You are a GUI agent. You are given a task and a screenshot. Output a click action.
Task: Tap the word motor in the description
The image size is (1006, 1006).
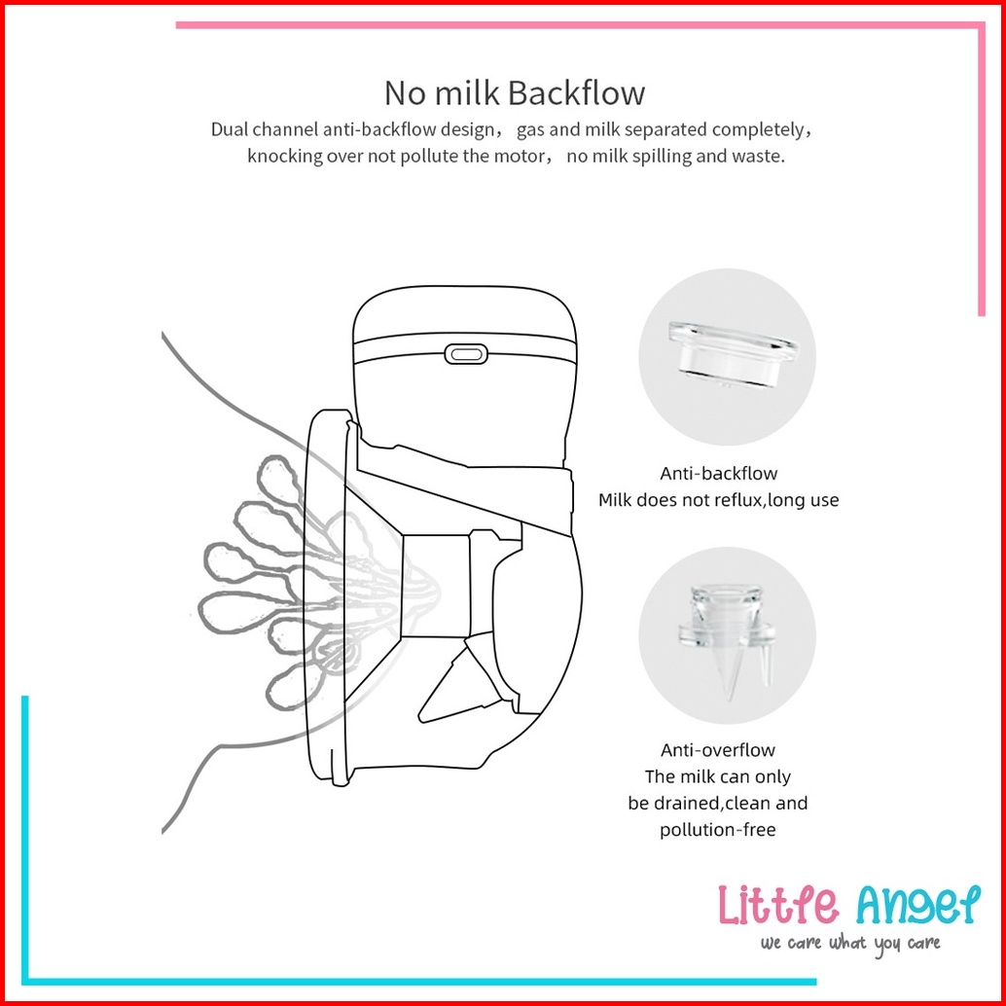pyautogui.click(x=521, y=156)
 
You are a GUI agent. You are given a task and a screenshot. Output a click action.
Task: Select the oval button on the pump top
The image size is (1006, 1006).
pyautogui.click(x=466, y=353)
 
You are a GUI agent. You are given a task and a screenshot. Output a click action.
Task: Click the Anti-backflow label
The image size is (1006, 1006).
pyautogui.click(x=719, y=474)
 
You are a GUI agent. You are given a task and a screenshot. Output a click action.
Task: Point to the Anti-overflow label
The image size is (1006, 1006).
pyautogui.click(x=718, y=750)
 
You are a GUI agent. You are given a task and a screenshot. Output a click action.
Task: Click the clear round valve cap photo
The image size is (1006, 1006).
pyautogui.click(x=732, y=355)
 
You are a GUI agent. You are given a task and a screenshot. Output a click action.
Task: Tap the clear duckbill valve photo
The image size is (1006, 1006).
pyautogui.click(x=727, y=639)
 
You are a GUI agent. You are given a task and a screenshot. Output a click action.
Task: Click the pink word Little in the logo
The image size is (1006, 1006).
pyautogui.click(x=778, y=904)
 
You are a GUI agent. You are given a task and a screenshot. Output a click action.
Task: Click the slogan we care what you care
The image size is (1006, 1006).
pyautogui.click(x=850, y=944)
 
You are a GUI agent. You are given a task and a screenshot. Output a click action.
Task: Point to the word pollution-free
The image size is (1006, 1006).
pyautogui.click(x=718, y=830)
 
